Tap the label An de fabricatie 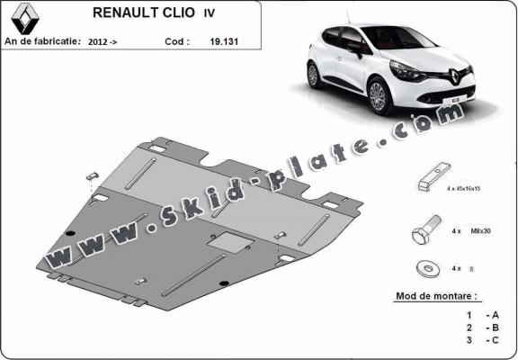click(42, 41)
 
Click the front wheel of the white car click(382, 94)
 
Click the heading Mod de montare click(437, 295)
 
